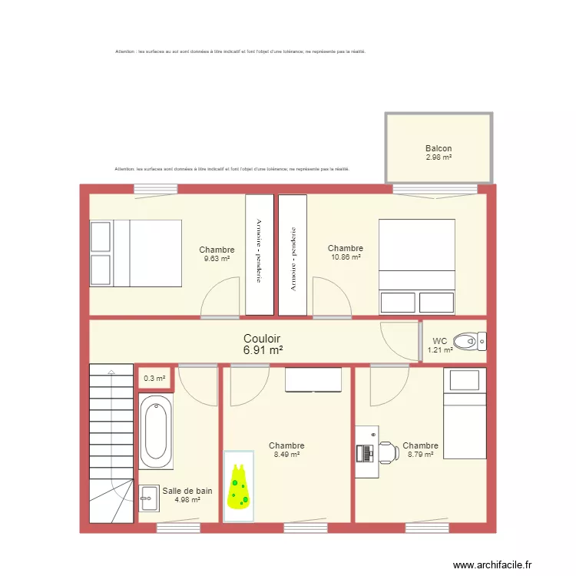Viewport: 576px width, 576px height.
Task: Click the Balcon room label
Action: tap(439, 149)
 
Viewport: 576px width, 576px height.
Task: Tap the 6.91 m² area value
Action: tap(262, 350)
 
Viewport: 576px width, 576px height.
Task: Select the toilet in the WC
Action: tap(469, 340)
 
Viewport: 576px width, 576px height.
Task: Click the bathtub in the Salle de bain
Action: tap(156, 431)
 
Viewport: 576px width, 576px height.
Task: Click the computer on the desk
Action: tap(365, 453)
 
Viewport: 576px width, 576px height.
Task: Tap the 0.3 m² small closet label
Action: tap(154, 378)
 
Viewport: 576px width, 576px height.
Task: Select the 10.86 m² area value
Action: tap(346, 257)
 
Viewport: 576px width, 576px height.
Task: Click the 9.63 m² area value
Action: tap(217, 259)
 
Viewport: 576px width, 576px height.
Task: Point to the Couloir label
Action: tap(262, 339)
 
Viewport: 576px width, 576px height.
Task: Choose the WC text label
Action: tap(440, 341)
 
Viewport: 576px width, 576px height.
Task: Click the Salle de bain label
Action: tap(187, 491)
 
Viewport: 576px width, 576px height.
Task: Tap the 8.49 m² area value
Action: tap(286, 455)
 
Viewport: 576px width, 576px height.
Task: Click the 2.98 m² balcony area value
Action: tap(439, 157)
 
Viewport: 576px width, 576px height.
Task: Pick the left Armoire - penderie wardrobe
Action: tap(259, 254)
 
